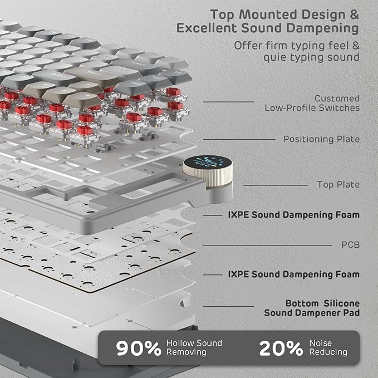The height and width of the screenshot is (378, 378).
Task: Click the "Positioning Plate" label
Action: pos(321,139)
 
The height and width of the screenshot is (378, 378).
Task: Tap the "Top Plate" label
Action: pos(338,184)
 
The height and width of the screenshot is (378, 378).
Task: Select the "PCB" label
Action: pos(350,244)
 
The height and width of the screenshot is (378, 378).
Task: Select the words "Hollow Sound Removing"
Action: pos(194,347)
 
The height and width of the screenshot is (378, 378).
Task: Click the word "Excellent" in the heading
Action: pos(209,27)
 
